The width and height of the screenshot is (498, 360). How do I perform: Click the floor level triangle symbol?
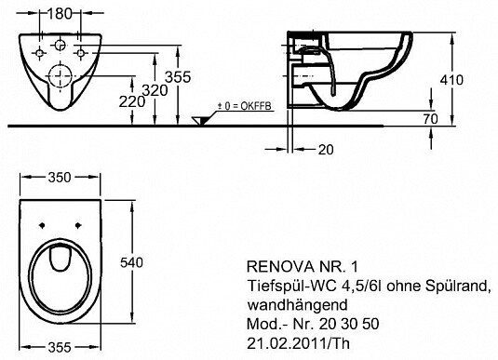click(200, 120)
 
